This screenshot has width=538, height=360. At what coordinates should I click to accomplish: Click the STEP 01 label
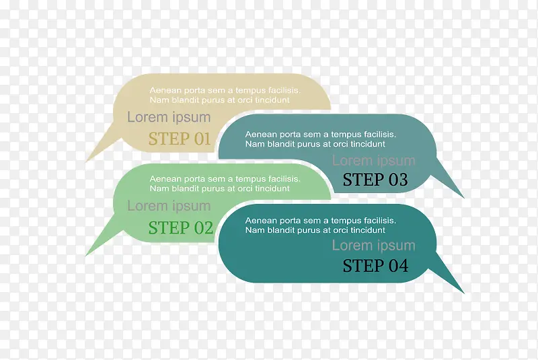coord(179,139)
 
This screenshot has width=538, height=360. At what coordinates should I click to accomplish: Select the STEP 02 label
coord(180,227)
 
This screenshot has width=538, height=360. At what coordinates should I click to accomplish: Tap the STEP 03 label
coord(375,180)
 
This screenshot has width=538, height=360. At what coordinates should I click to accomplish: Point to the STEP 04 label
coord(375,266)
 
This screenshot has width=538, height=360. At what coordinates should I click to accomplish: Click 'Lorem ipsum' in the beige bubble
coord(169,117)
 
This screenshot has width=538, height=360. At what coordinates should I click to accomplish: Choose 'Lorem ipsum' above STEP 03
coord(374,161)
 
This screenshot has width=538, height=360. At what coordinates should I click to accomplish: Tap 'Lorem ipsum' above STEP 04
coord(374,246)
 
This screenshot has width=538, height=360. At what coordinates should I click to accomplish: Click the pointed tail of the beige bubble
coord(87,161)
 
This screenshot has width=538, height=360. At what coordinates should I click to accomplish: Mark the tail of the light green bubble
coord(87,254)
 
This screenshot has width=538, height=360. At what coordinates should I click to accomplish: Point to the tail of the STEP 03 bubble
coord(463,197)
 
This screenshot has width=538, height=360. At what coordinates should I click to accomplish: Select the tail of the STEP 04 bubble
coord(463,293)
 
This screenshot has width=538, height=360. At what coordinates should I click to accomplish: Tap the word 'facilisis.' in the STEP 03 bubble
coord(380,134)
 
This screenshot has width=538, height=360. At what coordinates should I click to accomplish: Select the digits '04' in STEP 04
coord(398,266)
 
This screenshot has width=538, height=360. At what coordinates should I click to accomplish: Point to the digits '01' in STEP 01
coord(202,139)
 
